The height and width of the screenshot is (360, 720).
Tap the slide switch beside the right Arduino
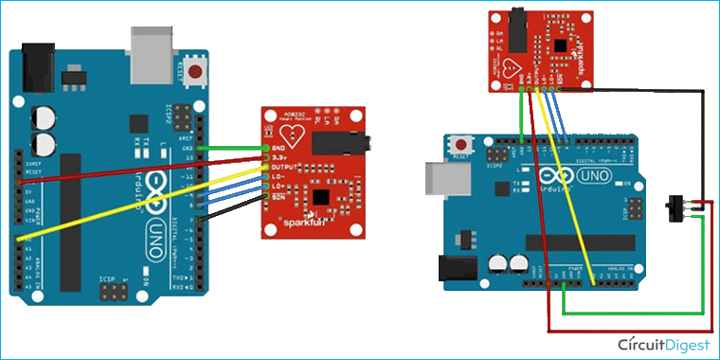pyautogui.click(x=678, y=204)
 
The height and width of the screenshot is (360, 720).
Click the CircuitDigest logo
pyautogui.click(x=663, y=343)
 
